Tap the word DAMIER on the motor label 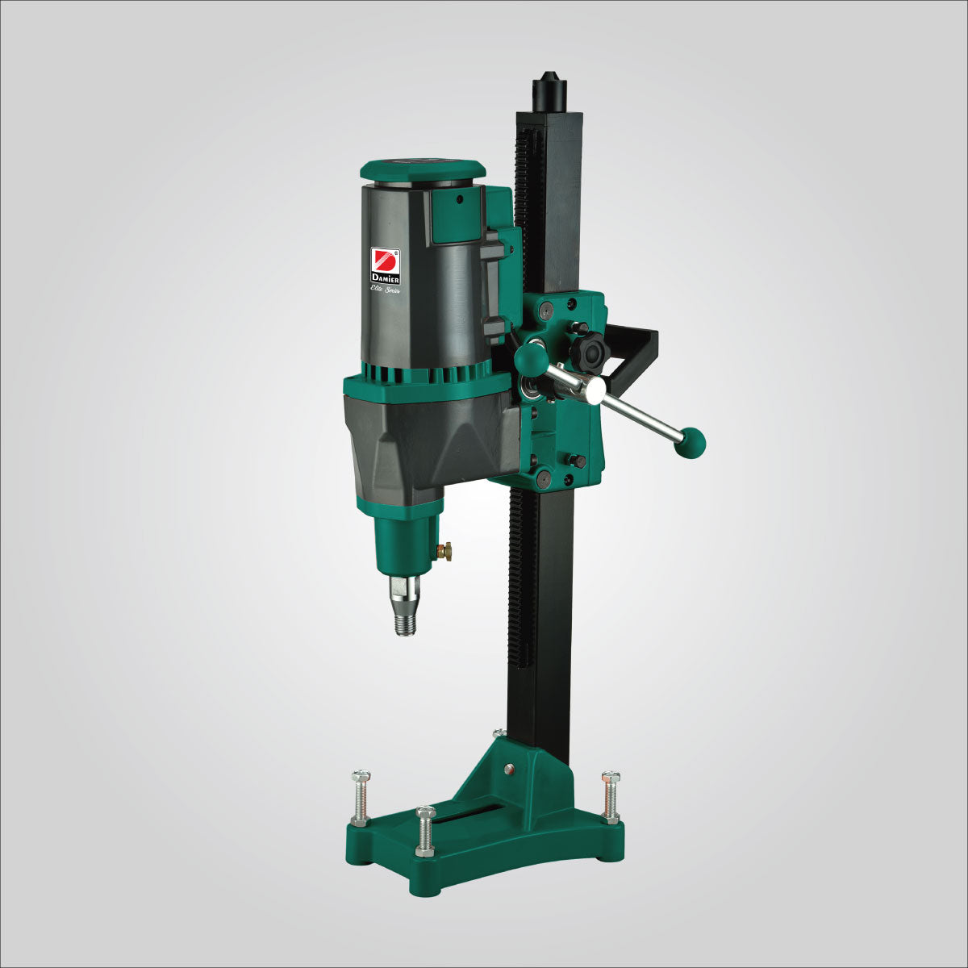tap(384, 278)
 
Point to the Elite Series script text tap(385, 289)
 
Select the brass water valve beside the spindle tap(444, 551)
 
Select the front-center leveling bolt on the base tap(425, 830)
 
